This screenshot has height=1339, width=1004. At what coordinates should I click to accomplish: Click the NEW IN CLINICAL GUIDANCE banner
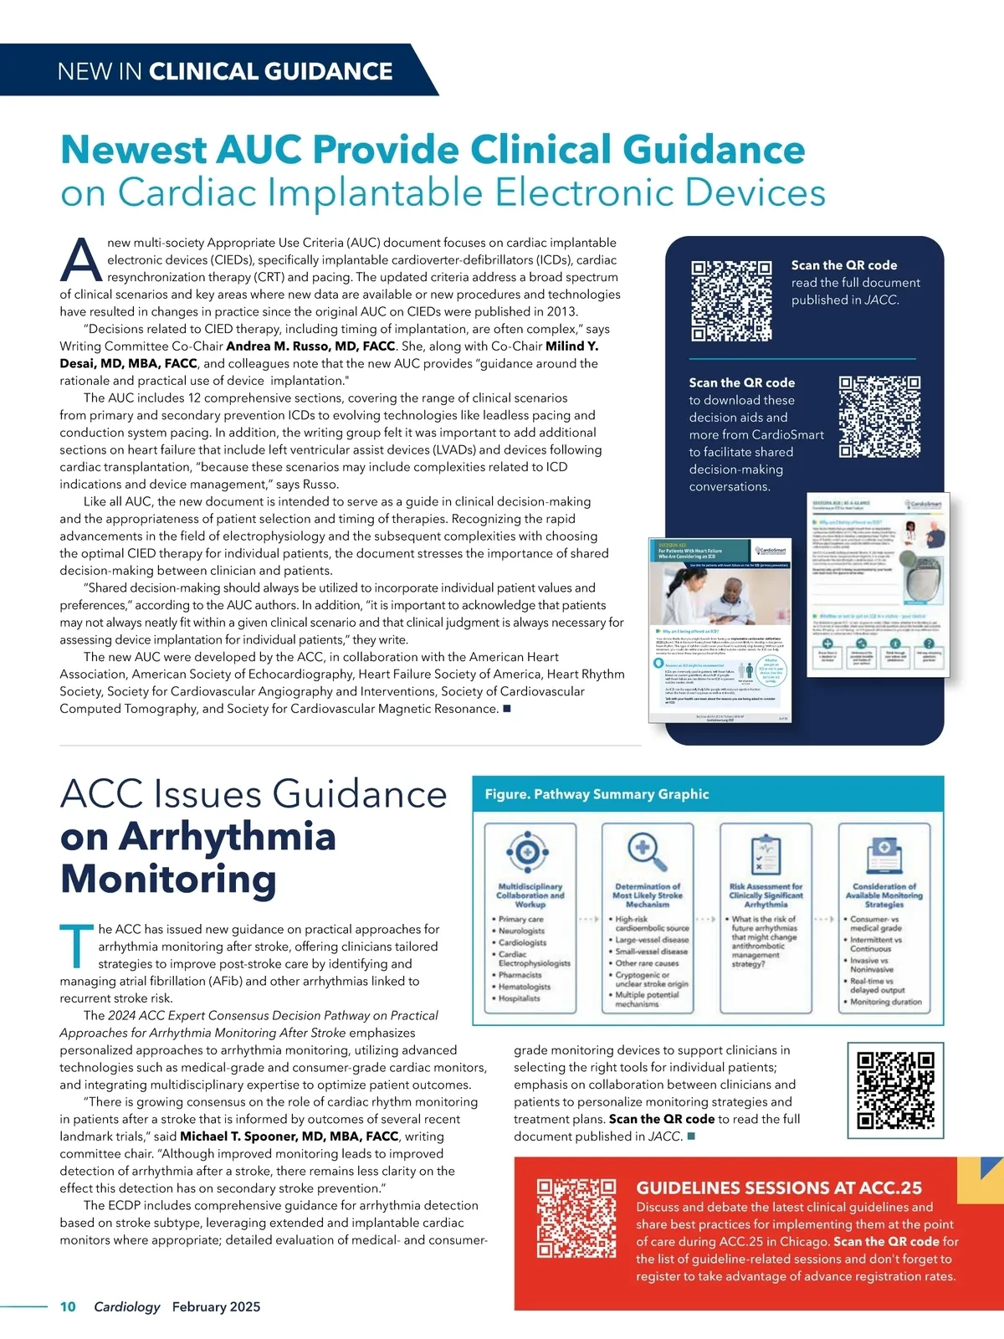tap(224, 71)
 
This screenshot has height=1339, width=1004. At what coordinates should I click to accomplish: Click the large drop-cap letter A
tap(81, 261)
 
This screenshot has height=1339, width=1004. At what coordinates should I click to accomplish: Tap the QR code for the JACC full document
tap(731, 301)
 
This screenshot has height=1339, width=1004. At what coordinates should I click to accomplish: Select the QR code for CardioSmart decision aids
tap(879, 417)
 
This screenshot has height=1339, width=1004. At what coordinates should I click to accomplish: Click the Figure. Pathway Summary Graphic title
tap(597, 794)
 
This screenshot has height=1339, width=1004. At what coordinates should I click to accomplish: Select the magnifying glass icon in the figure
tap(647, 852)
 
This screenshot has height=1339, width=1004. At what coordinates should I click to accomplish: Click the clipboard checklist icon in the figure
tap(765, 854)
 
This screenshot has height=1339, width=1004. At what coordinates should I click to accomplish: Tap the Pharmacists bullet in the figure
tap(520, 975)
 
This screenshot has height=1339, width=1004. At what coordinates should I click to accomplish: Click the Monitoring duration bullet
tap(885, 1002)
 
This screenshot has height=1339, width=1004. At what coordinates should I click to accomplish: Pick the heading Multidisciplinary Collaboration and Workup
tap(530, 895)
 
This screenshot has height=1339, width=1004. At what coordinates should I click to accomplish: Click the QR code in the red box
tap(576, 1218)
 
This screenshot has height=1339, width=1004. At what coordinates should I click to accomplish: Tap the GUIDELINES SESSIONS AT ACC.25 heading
tap(779, 1188)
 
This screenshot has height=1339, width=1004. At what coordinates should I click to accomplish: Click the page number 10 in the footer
tap(68, 1307)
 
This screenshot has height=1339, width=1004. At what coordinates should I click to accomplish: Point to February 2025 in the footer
tap(216, 1307)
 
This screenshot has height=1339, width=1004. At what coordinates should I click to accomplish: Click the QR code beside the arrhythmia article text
tap(895, 1090)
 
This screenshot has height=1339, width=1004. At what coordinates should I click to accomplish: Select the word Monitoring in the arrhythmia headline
tap(168, 879)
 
